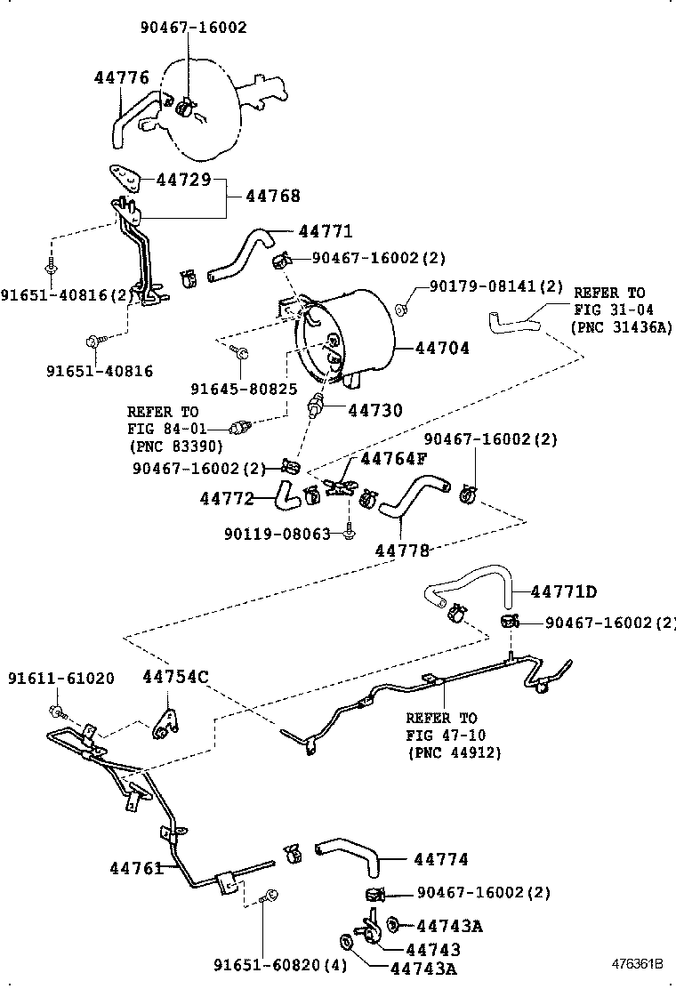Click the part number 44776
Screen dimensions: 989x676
pos(122,78)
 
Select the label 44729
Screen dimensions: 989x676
pos(183,180)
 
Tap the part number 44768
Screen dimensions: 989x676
pos(273,197)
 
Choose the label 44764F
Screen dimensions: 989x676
pos(393,459)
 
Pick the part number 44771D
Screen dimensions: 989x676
pos(564,591)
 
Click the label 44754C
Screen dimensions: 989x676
pos(175,677)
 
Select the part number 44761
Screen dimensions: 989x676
pos(137,867)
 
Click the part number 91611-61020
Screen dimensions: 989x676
pos(61,679)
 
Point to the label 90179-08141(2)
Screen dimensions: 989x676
pos(496,286)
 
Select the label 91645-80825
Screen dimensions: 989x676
pos(244,389)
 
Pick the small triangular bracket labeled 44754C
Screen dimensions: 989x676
pos(165,723)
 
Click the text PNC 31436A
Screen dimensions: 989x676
pos(621,327)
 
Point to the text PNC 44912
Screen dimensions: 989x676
pos(455,752)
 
